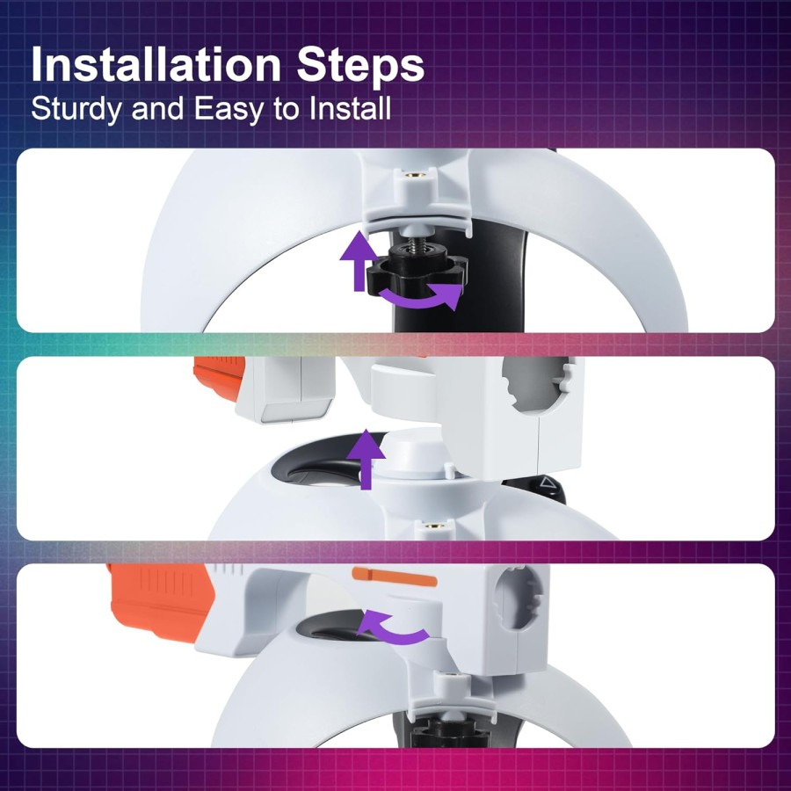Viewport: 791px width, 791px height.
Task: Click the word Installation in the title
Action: tap(156, 64)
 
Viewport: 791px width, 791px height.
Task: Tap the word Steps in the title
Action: tap(360, 66)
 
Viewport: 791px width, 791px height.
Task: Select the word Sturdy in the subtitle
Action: tap(76, 109)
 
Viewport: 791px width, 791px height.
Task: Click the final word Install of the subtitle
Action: tap(350, 107)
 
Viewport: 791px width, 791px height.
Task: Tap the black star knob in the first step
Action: tap(417, 272)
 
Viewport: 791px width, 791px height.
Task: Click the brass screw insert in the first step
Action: tap(411, 176)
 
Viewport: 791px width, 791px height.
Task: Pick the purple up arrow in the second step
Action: tap(366, 460)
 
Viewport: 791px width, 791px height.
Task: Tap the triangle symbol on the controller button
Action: tap(547, 483)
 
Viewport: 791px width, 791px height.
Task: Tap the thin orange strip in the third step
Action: tap(394, 576)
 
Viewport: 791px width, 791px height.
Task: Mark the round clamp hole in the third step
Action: tap(518, 599)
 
